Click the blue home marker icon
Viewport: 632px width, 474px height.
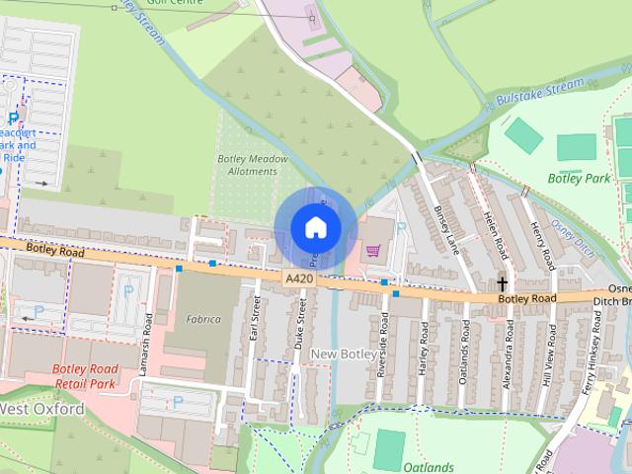[x=315, y=227]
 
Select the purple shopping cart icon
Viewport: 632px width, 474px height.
[x=373, y=250]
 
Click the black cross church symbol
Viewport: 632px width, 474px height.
[x=503, y=283]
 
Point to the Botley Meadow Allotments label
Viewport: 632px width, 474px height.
[x=253, y=165]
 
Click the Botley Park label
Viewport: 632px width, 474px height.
[x=580, y=179]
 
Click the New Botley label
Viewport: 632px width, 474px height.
[x=343, y=354]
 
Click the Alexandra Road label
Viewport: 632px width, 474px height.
[x=507, y=351]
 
